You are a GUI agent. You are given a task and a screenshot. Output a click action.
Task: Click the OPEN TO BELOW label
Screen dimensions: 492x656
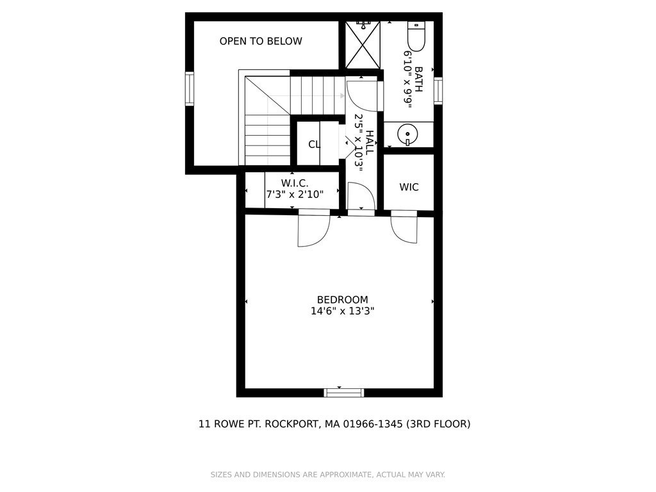pyautogui.click(x=261, y=42)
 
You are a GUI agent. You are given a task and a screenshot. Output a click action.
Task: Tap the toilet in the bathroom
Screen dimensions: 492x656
pyautogui.click(x=416, y=37)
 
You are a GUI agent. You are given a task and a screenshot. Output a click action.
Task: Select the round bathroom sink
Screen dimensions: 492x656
pyautogui.click(x=407, y=134)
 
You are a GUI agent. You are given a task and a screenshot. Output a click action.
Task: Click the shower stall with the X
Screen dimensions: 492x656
pyautogui.click(x=363, y=45)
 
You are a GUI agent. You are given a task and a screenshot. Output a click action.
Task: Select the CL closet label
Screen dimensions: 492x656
pyautogui.click(x=314, y=145)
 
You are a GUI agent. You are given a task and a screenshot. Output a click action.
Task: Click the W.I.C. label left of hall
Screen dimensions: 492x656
pyautogui.click(x=295, y=183)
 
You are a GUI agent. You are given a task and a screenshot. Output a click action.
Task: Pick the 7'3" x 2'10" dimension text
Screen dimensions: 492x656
pyautogui.click(x=295, y=194)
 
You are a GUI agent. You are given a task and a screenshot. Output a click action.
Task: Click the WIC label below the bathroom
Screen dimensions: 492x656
pyautogui.click(x=409, y=188)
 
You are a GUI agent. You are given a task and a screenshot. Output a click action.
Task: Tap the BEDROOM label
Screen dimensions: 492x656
pyautogui.click(x=343, y=300)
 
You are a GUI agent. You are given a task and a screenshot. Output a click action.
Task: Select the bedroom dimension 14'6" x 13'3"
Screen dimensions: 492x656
pyautogui.click(x=343, y=311)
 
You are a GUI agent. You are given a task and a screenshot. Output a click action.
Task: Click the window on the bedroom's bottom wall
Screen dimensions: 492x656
pyautogui.click(x=344, y=393)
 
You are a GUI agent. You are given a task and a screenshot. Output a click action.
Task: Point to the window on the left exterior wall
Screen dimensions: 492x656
pyautogui.click(x=190, y=88)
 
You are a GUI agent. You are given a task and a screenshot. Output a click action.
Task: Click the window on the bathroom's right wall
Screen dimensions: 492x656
pyautogui.click(x=438, y=90)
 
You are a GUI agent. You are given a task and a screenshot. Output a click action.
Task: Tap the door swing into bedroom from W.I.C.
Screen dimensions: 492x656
pyautogui.click(x=313, y=231)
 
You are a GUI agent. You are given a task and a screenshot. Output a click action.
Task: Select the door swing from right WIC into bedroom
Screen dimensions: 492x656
pyautogui.click(x=404, y=228)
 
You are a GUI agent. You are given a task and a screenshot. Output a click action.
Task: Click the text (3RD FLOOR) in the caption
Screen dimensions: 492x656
pyautogui.click(x=438, y=424)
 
